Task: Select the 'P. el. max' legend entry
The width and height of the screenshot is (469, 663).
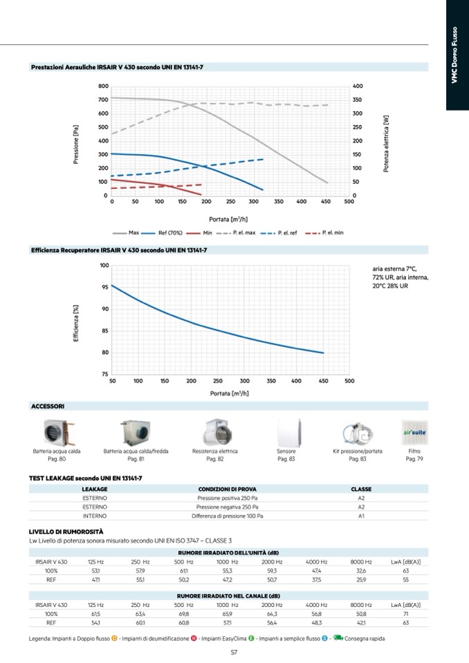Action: [x=244, y=233]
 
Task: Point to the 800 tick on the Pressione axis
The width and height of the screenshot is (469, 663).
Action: [x=103, y=86]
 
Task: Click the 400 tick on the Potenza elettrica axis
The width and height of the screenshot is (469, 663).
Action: [x=358, y=86]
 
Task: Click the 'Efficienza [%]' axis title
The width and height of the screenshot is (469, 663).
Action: [x=76, y=319]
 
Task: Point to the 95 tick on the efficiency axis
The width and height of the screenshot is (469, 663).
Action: [x=104, y=287]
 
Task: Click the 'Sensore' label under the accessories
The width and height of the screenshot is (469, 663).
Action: [x=286, y=451]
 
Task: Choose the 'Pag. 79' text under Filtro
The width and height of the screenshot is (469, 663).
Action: [x=414, y=458]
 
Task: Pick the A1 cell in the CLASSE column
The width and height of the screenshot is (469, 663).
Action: [x=361, y=516]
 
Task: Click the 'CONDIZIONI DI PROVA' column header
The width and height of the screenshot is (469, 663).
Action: [x=226, y=489]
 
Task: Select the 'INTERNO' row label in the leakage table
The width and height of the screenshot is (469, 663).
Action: [x=94, y=516]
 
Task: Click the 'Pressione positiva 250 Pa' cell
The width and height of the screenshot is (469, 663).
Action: [x=226, y=498]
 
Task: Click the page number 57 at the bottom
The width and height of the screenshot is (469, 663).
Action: [x=234, y=652]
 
